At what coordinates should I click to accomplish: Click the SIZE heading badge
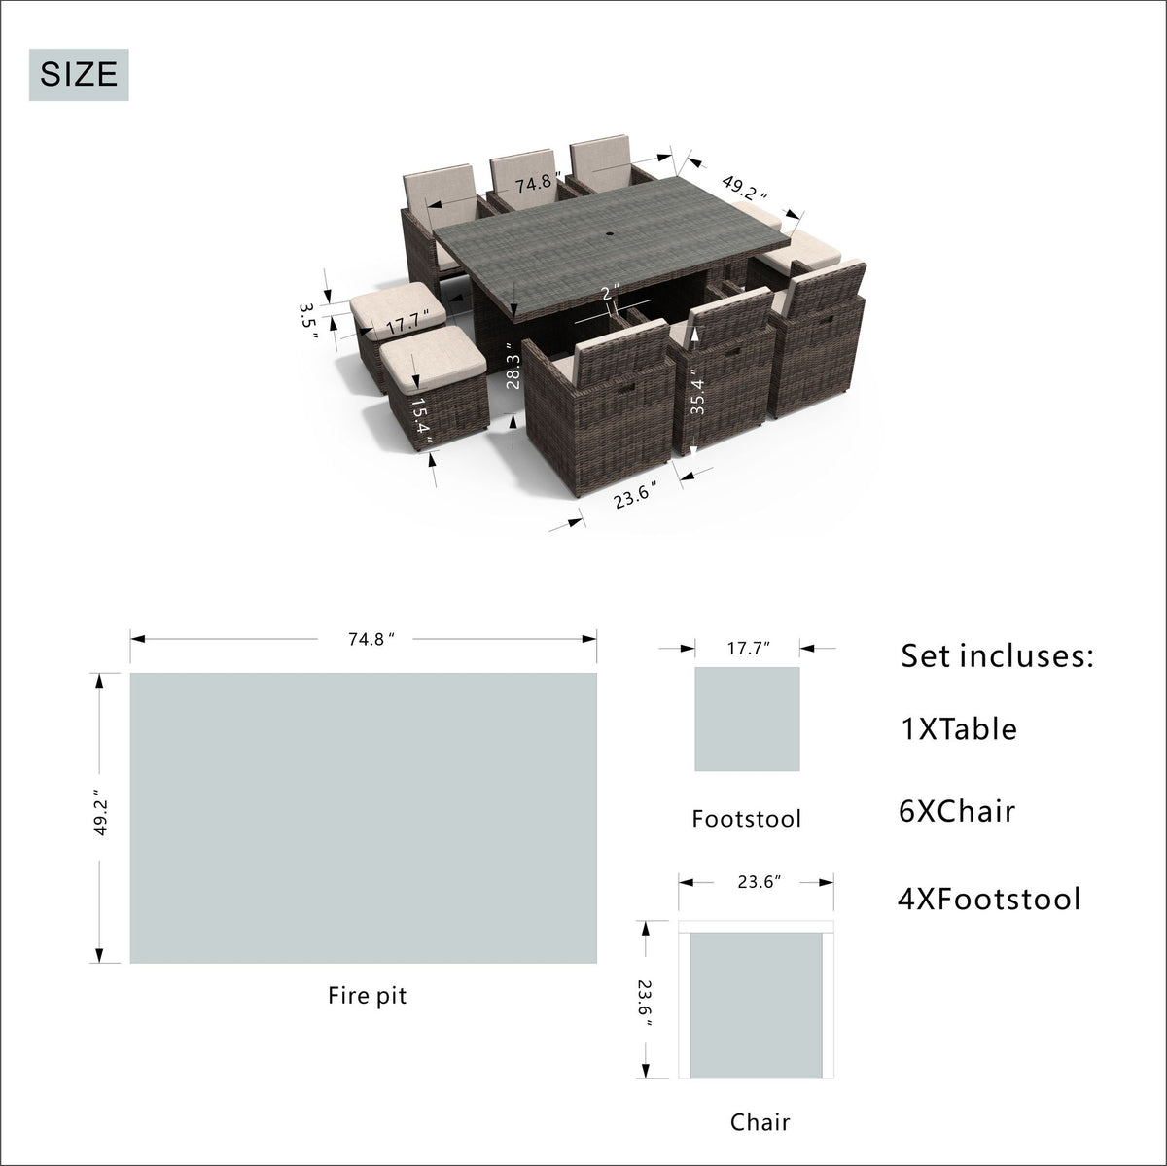(79, 75)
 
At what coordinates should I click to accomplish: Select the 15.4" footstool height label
(421, 422)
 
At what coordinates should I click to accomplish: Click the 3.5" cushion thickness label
(307, 321)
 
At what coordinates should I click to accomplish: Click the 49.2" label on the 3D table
(744, 188)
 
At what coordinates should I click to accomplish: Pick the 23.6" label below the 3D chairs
(635, 498)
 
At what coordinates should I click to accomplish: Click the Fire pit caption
(368, 995)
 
